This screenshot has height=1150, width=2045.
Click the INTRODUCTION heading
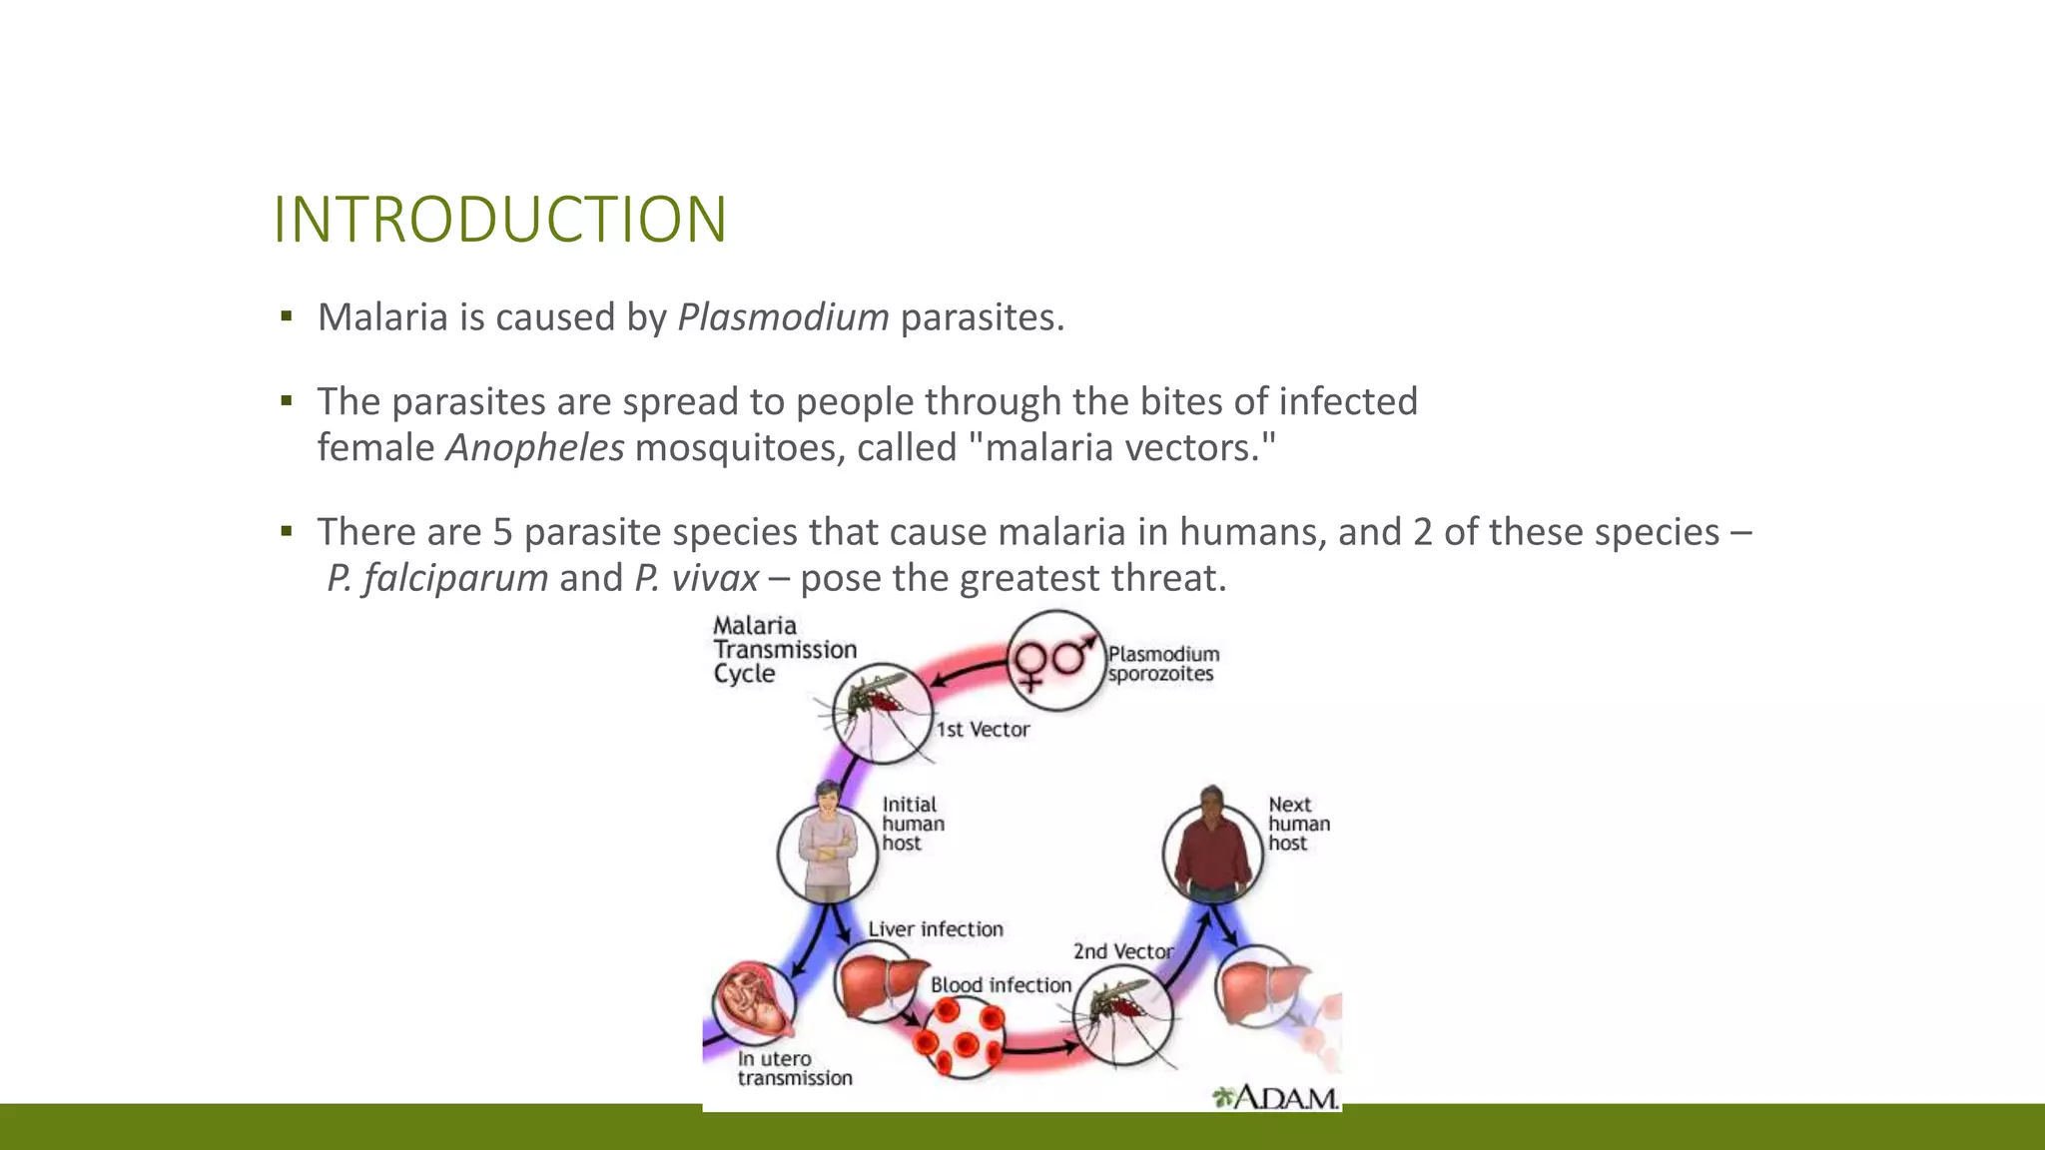tap(499, 220)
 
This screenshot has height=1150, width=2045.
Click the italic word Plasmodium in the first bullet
tap(783, 317)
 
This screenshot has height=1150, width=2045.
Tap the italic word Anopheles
tap(535, 447)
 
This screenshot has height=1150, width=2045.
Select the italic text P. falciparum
tap(437, 578)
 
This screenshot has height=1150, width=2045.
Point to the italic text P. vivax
tap(696, 578)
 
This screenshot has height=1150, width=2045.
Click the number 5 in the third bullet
tap(502, 532)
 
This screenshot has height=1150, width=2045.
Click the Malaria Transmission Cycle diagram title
tap(784, 650)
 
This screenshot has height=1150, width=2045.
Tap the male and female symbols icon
tap(1053, 660)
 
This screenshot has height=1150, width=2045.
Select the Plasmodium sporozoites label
tap(1162, 664)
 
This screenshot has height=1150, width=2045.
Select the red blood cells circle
tap(958, 1037)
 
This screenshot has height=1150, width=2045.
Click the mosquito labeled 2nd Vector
tap(1123, 1013)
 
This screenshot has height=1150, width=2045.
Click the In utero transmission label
tap(794, 1068)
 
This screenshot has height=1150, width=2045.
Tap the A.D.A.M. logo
tap(1275, 1097)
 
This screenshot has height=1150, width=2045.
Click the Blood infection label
tap(1000, 985)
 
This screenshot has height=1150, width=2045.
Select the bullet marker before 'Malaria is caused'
tap(287, 317)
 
